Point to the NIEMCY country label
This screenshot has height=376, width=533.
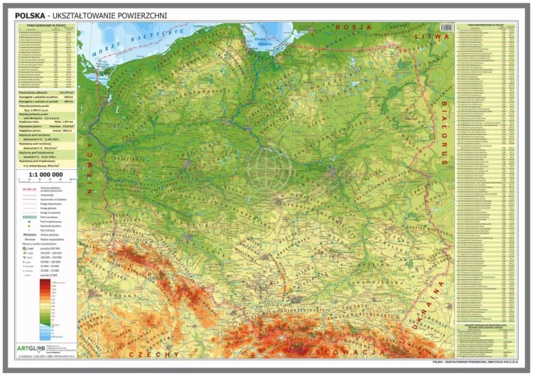coord(90,173)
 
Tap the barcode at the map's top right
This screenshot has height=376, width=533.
coord(446,27)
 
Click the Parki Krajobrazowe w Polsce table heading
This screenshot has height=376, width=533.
coord(490,23)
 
